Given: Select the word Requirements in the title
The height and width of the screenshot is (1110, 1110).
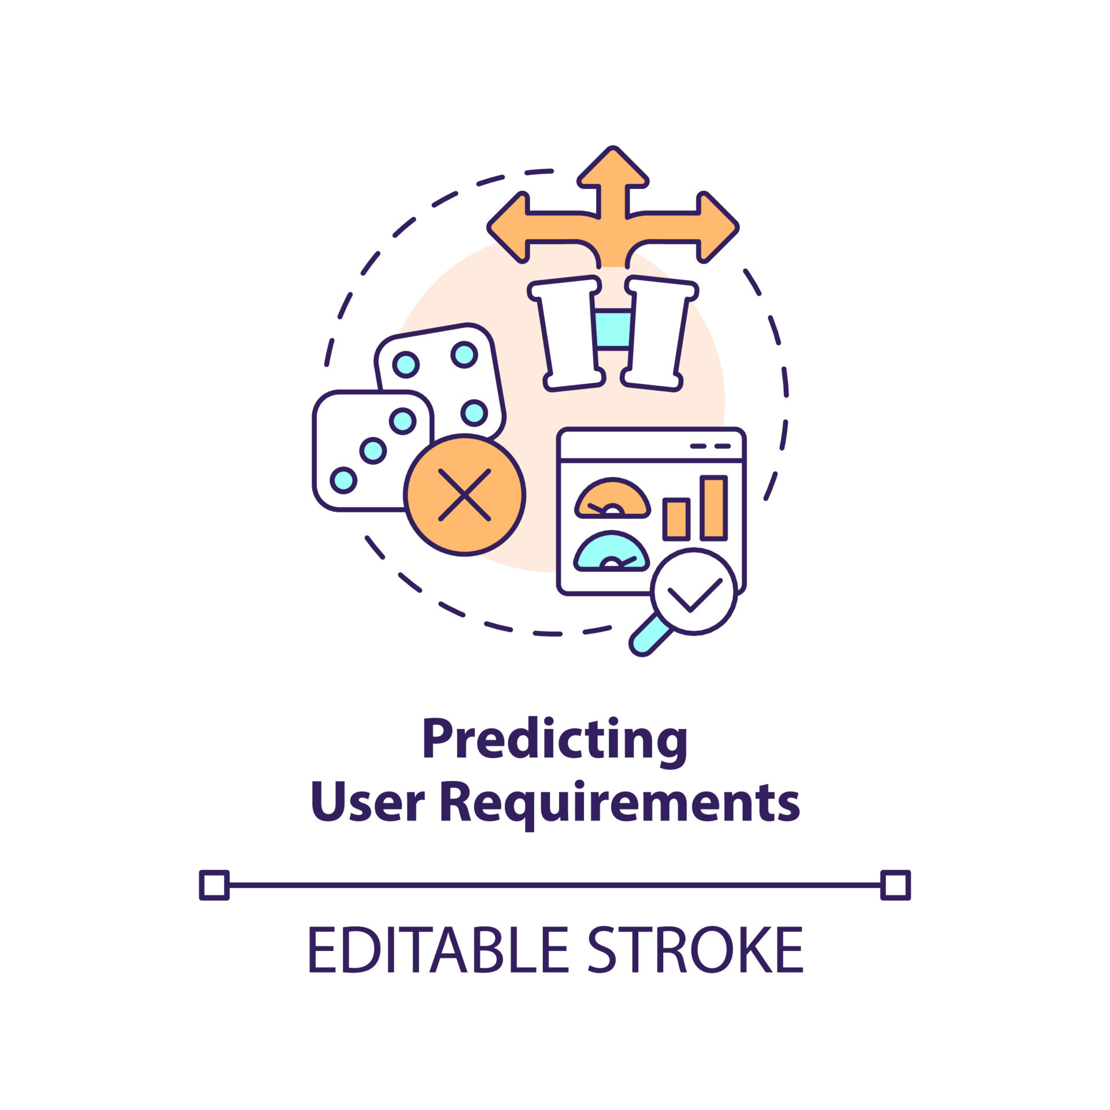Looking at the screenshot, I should [620, 804].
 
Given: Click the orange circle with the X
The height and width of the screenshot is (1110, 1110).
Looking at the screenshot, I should [464, 495].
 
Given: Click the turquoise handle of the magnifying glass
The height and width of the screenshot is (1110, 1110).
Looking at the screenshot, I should [651, 637].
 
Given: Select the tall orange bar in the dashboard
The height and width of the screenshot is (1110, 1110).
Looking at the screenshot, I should [713, 508].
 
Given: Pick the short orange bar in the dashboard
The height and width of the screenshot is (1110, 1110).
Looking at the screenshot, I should [676, 519].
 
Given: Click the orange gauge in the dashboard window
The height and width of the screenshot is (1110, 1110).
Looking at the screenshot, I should [612, 498].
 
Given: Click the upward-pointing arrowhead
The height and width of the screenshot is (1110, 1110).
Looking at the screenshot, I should [613, 168].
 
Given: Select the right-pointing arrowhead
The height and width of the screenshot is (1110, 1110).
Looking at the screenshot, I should [718, 227].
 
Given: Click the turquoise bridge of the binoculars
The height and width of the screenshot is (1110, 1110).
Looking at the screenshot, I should [613, 330].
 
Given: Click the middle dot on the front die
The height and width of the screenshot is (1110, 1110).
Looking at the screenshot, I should [373, 450].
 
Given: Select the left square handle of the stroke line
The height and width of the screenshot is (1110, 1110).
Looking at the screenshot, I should [214, 885].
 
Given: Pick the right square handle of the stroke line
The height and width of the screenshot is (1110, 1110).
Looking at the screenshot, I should [896, 885].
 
